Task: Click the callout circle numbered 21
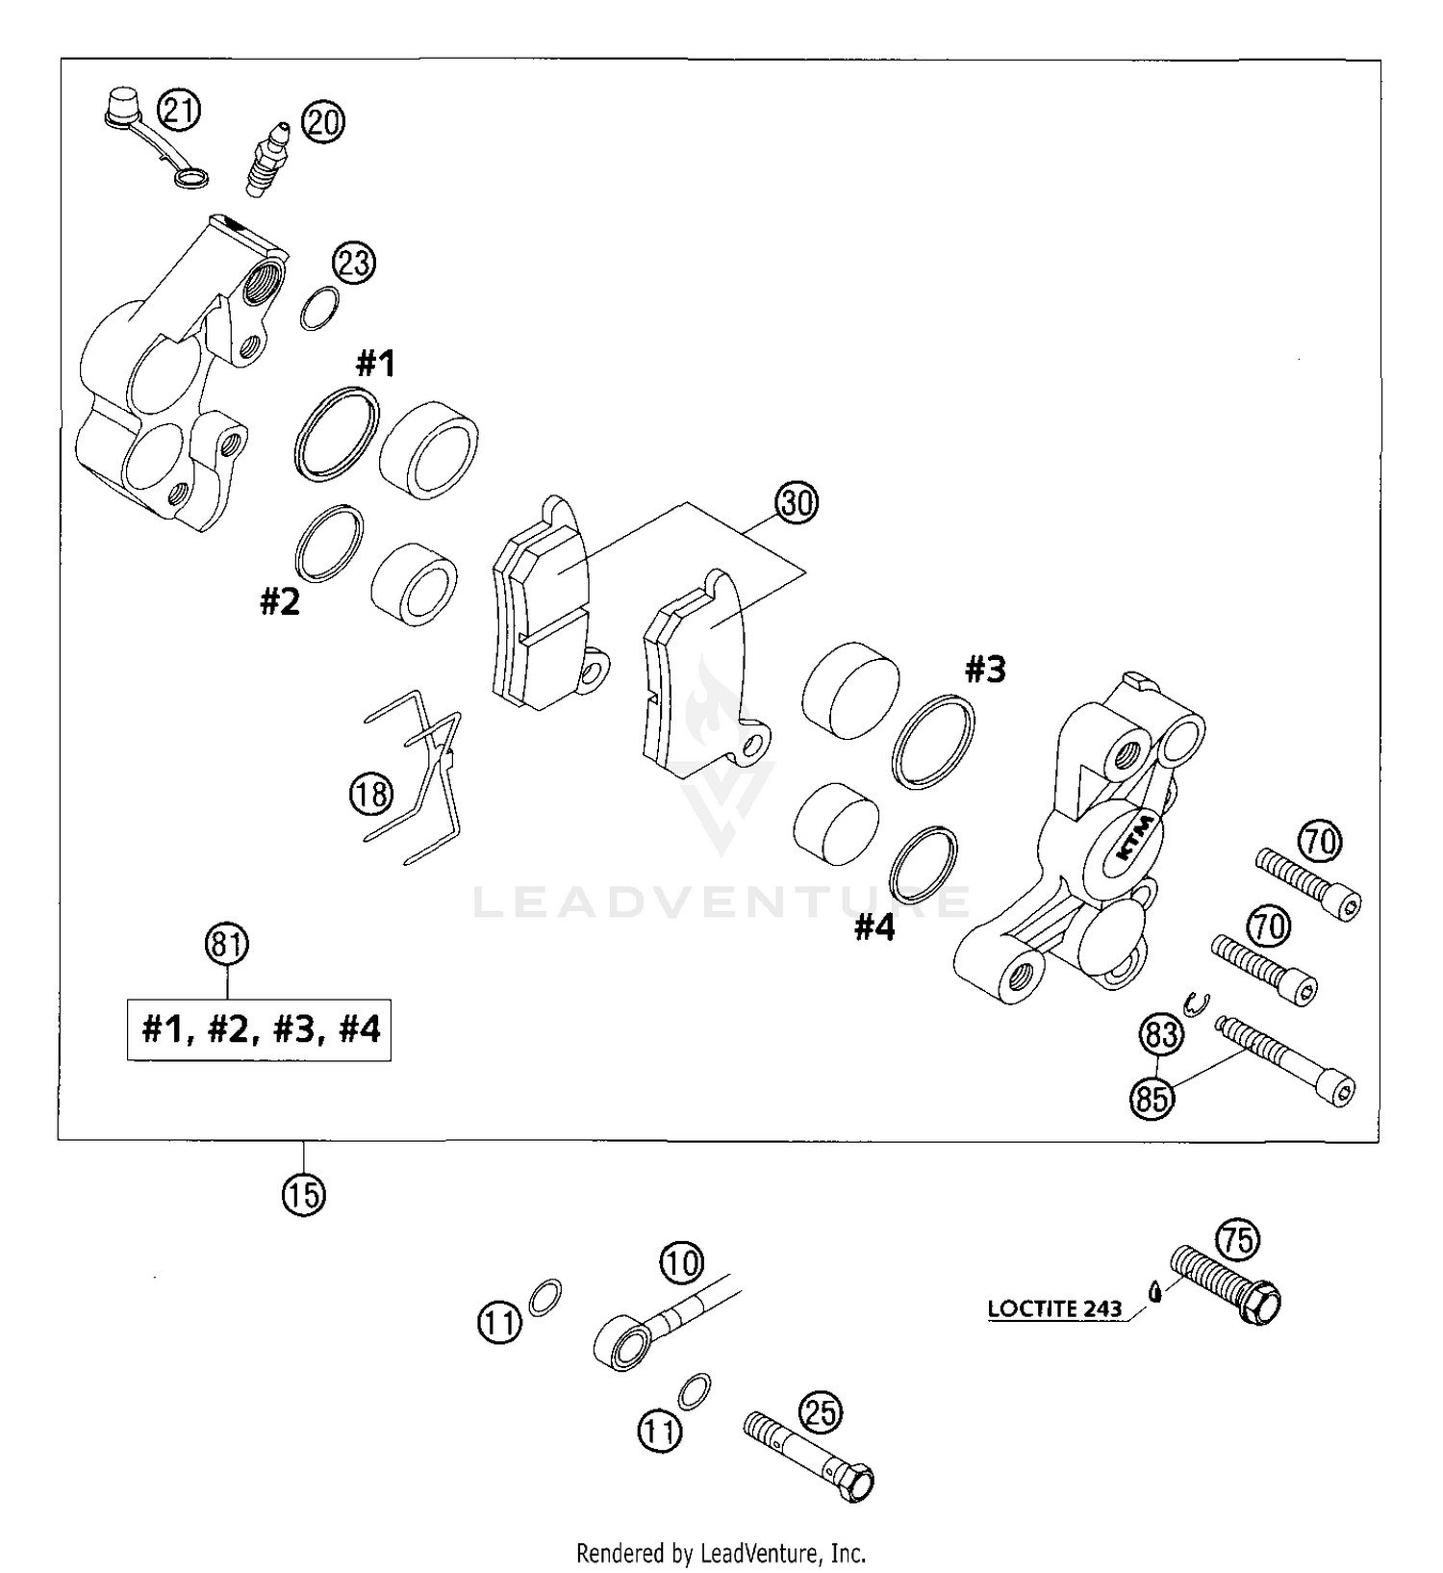point(179,111)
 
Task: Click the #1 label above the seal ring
point(375,364)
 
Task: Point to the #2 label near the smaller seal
point(280,602)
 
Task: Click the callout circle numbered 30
point(797,503)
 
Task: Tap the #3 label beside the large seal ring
point(985,670)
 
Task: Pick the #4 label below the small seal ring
point(874,928)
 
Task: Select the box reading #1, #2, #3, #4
point(259,1030)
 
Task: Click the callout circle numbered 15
point(304,1195)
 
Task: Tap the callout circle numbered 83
point(1161,1035)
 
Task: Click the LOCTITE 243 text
point(1054,1309)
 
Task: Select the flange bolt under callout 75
point(1225,1284)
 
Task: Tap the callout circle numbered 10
point(682,1262)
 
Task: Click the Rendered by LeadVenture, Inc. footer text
point(721,1552)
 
